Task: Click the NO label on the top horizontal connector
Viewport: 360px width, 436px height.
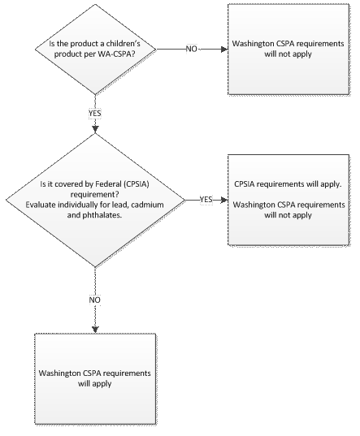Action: point(192,49)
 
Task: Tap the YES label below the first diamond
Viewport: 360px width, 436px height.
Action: point(95,114)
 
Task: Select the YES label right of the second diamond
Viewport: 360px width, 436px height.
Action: point(206,200)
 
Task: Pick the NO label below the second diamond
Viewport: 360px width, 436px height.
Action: point(95,300)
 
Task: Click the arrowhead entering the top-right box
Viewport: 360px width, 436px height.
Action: point(224,50)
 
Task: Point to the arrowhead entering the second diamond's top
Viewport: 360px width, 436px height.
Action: point(95,130)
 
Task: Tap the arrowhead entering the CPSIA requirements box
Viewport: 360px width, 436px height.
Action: point(224,200)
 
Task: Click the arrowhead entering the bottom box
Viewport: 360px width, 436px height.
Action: point(95,330)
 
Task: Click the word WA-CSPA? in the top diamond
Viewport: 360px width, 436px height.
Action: point(116,54)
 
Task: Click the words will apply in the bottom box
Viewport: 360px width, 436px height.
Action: point(95,384)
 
